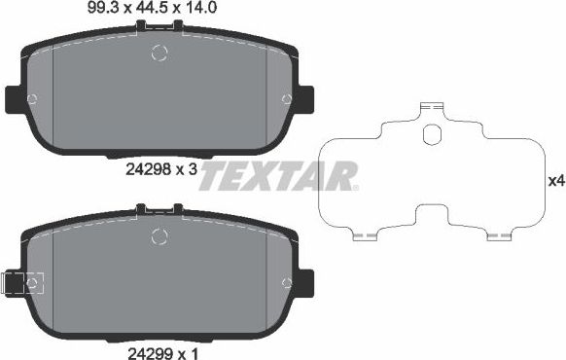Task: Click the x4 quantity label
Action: coord(555,181)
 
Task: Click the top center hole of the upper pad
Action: coord(159,54)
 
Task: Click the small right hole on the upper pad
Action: coord(286,98)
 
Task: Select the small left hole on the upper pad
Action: coord(33,98)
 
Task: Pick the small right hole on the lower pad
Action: coord(286,282)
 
